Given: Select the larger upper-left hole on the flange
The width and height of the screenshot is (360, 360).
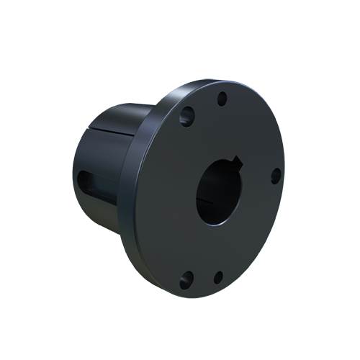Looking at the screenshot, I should (189, 113).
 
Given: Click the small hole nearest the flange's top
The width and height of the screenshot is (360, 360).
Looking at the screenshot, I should (222, 98).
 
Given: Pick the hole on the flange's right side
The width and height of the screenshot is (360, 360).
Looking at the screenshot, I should (276, 174).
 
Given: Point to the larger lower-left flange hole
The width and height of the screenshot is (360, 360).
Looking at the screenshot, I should (188, 275).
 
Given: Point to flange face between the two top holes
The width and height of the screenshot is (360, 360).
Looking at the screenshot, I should (206, 105).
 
